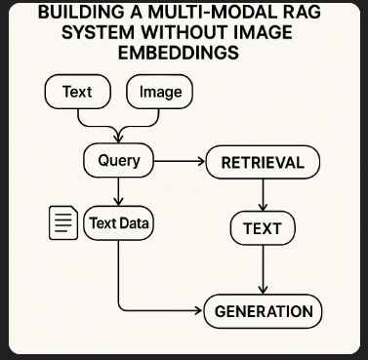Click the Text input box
(x=76, y=93)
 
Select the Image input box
(x=161, y=93)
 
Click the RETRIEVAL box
(x=263, y=162)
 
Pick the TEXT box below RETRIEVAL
(x=262, y=229)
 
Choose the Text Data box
(x=119, y=223)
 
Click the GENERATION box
(x=263, y=311)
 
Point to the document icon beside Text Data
(x=62, y=223)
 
